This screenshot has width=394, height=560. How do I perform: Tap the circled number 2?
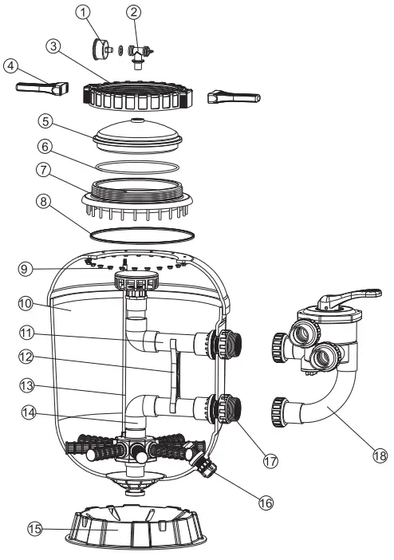[133, 12]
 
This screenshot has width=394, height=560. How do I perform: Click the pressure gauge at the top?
[101, 49]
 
